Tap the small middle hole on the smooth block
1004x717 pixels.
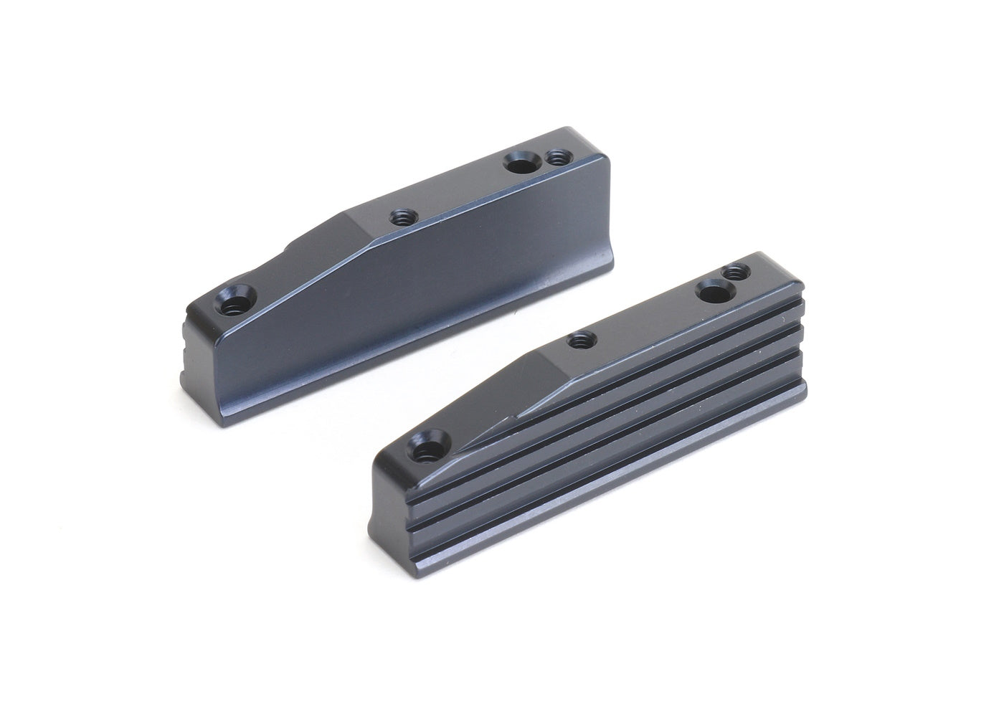pyautogui.click(x=399, y=216)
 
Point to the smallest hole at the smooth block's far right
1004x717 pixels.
pyautogui.click(x=555, y=156)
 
